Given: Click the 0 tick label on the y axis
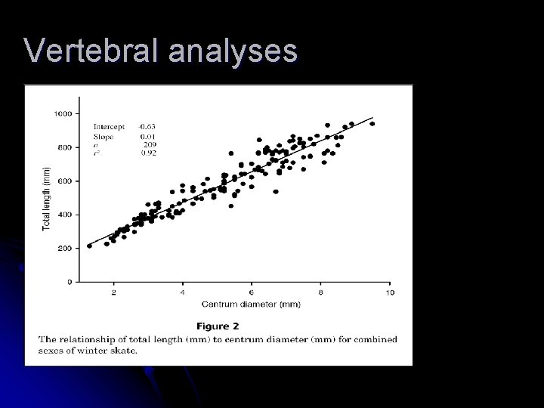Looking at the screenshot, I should [x=69, y=282].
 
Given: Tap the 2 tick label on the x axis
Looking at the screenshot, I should [x=113, y=292].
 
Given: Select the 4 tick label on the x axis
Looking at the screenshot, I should [x=182, y=292].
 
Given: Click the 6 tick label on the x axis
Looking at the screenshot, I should [x=252, y=292].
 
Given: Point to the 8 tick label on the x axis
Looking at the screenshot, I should [x=320, y=292].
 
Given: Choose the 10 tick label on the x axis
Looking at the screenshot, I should [x=389, y=292].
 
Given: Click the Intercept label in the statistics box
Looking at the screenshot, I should [x=109, y=126].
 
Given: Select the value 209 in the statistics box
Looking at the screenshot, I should [x=149, y=143].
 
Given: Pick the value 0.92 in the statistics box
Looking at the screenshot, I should [x=148, y=151].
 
